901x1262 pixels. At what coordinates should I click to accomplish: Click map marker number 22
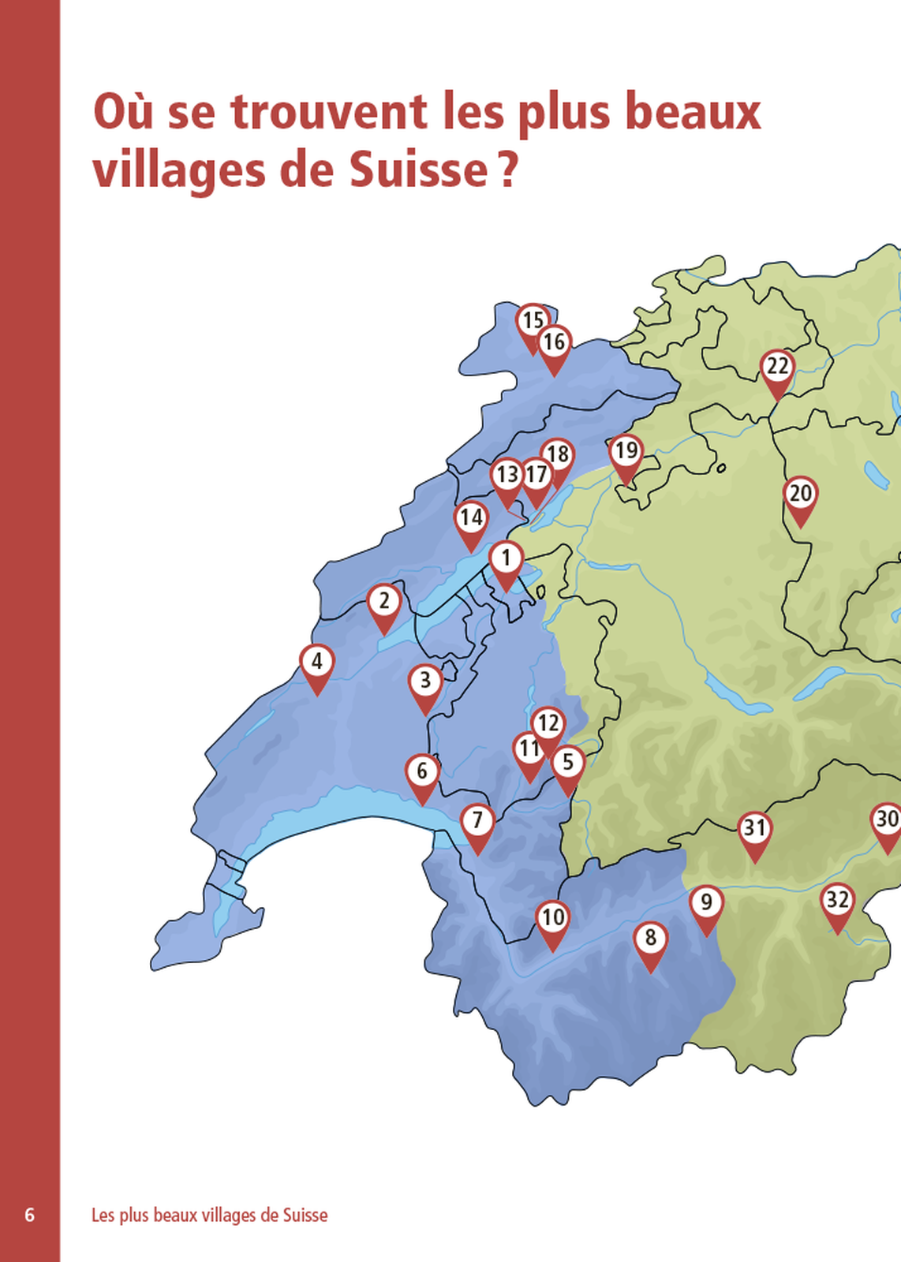[x=777, y=367]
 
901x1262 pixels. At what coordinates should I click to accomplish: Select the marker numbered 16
[x=554, y=342]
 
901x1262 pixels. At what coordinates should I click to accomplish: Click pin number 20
[x=800, y=494]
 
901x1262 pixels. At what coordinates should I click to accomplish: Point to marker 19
[x=626, y=452]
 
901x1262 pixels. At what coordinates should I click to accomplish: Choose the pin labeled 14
[x=471, y=518]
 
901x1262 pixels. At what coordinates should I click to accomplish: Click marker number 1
[x=506, y=558]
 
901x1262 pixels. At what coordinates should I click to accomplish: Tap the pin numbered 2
[x=383, y=601]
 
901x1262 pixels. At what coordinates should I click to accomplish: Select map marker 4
[x=316, y=662]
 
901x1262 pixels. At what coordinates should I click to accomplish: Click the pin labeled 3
[x=425, y=681]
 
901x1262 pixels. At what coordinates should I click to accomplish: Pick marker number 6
[x=422, y=771]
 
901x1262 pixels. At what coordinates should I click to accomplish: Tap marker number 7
[x=477, y=821]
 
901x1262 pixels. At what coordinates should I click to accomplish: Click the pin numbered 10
[x=552, y=917]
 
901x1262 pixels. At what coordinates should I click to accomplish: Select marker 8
[x=650, y=938]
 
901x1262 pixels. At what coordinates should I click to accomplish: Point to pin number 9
[x=706, y=902]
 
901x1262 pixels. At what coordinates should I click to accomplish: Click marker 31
[x=754, y=828]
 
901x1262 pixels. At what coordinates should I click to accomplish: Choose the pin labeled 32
[x=837, y=900]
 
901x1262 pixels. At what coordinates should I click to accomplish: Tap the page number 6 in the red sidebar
[x=30, y=1215]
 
